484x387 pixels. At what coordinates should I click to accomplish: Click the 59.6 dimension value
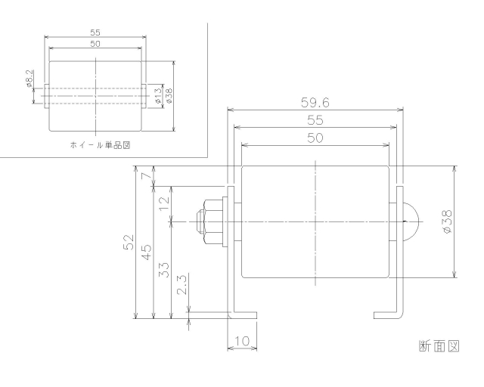click(x=315, y=101)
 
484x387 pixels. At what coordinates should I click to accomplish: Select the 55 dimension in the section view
click(x=315, y=119)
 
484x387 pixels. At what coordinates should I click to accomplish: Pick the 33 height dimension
click(x=164, y=270)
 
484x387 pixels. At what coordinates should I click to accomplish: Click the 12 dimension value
click(x=164, y=203)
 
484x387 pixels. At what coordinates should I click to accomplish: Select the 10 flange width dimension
click(x=243, y=342)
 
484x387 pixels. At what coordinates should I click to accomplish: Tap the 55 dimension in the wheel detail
click(x=95, y=33)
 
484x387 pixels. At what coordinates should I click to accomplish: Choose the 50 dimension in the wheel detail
click(x=95, y=44)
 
